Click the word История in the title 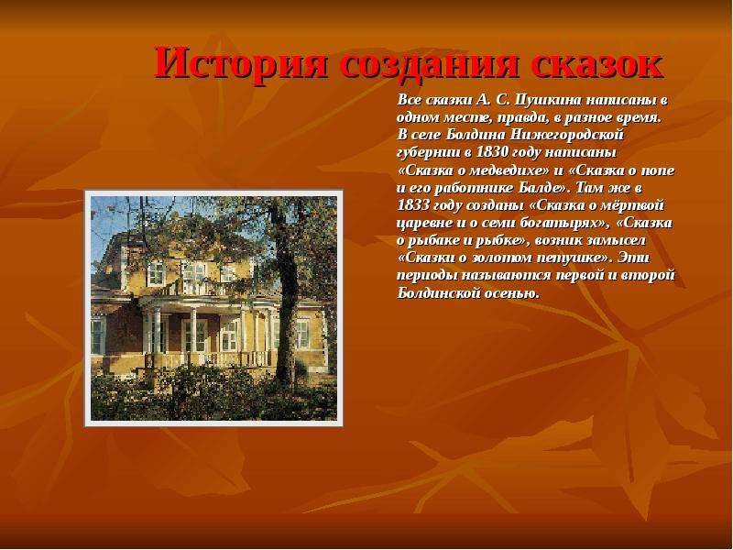[241, 64]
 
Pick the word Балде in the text [545, 188]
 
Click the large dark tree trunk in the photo [287, 300]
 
